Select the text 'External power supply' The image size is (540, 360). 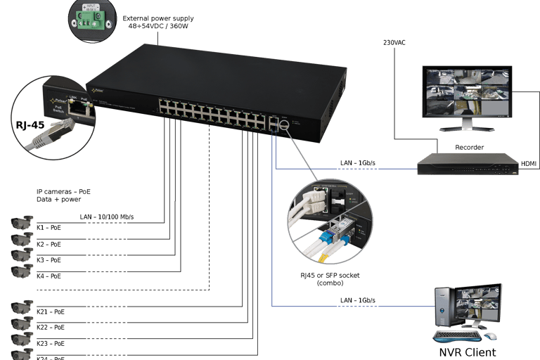point(157,18)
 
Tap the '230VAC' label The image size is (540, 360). point(394,43)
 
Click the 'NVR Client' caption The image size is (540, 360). point(468,352)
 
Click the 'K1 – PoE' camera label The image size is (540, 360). point(49,227)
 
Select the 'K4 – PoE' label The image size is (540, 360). point(49,276)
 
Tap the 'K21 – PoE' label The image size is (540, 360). point(51,311)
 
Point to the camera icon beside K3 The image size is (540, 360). point(21,257)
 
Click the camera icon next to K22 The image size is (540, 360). point(21,324)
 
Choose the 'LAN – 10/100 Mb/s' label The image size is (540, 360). point(106,216)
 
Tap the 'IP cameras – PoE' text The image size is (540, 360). point(64,191)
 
